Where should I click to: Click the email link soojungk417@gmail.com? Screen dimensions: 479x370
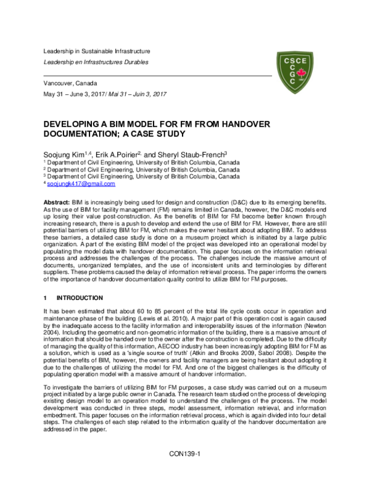coord(81,184)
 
